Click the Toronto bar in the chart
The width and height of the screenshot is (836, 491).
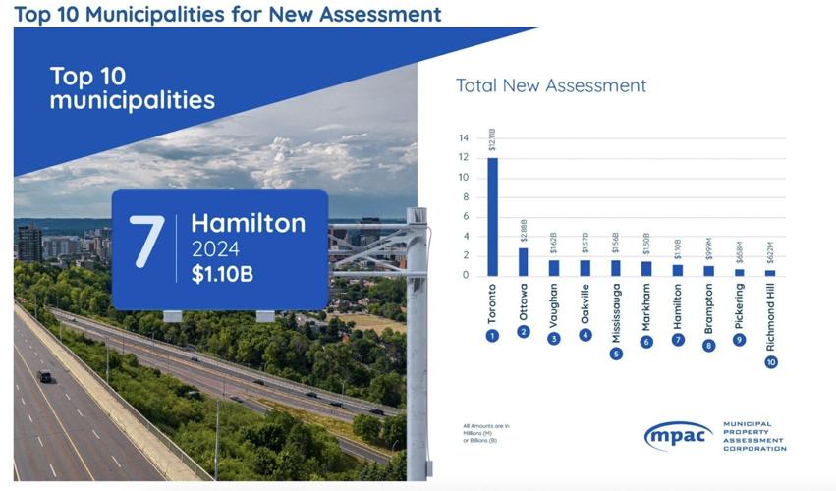[493, 216]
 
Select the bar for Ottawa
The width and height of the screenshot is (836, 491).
[524, 261]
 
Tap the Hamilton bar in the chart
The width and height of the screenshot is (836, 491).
[678, 270]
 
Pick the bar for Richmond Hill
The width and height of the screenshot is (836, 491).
[770, 272]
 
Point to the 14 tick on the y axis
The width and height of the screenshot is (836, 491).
[463, 138]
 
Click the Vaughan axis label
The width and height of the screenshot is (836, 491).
[554, 305]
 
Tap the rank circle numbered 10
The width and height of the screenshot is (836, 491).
[770, 362]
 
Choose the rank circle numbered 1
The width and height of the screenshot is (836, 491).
[493, 335]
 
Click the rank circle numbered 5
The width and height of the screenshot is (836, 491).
[616, 354]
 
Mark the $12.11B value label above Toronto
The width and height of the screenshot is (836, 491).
[493, 140]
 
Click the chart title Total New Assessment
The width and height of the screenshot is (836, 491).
[551, 85]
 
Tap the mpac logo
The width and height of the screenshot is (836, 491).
[679, 436]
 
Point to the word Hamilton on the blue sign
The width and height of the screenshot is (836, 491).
[248, 223]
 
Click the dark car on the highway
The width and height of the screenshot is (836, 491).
[44, 376]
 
